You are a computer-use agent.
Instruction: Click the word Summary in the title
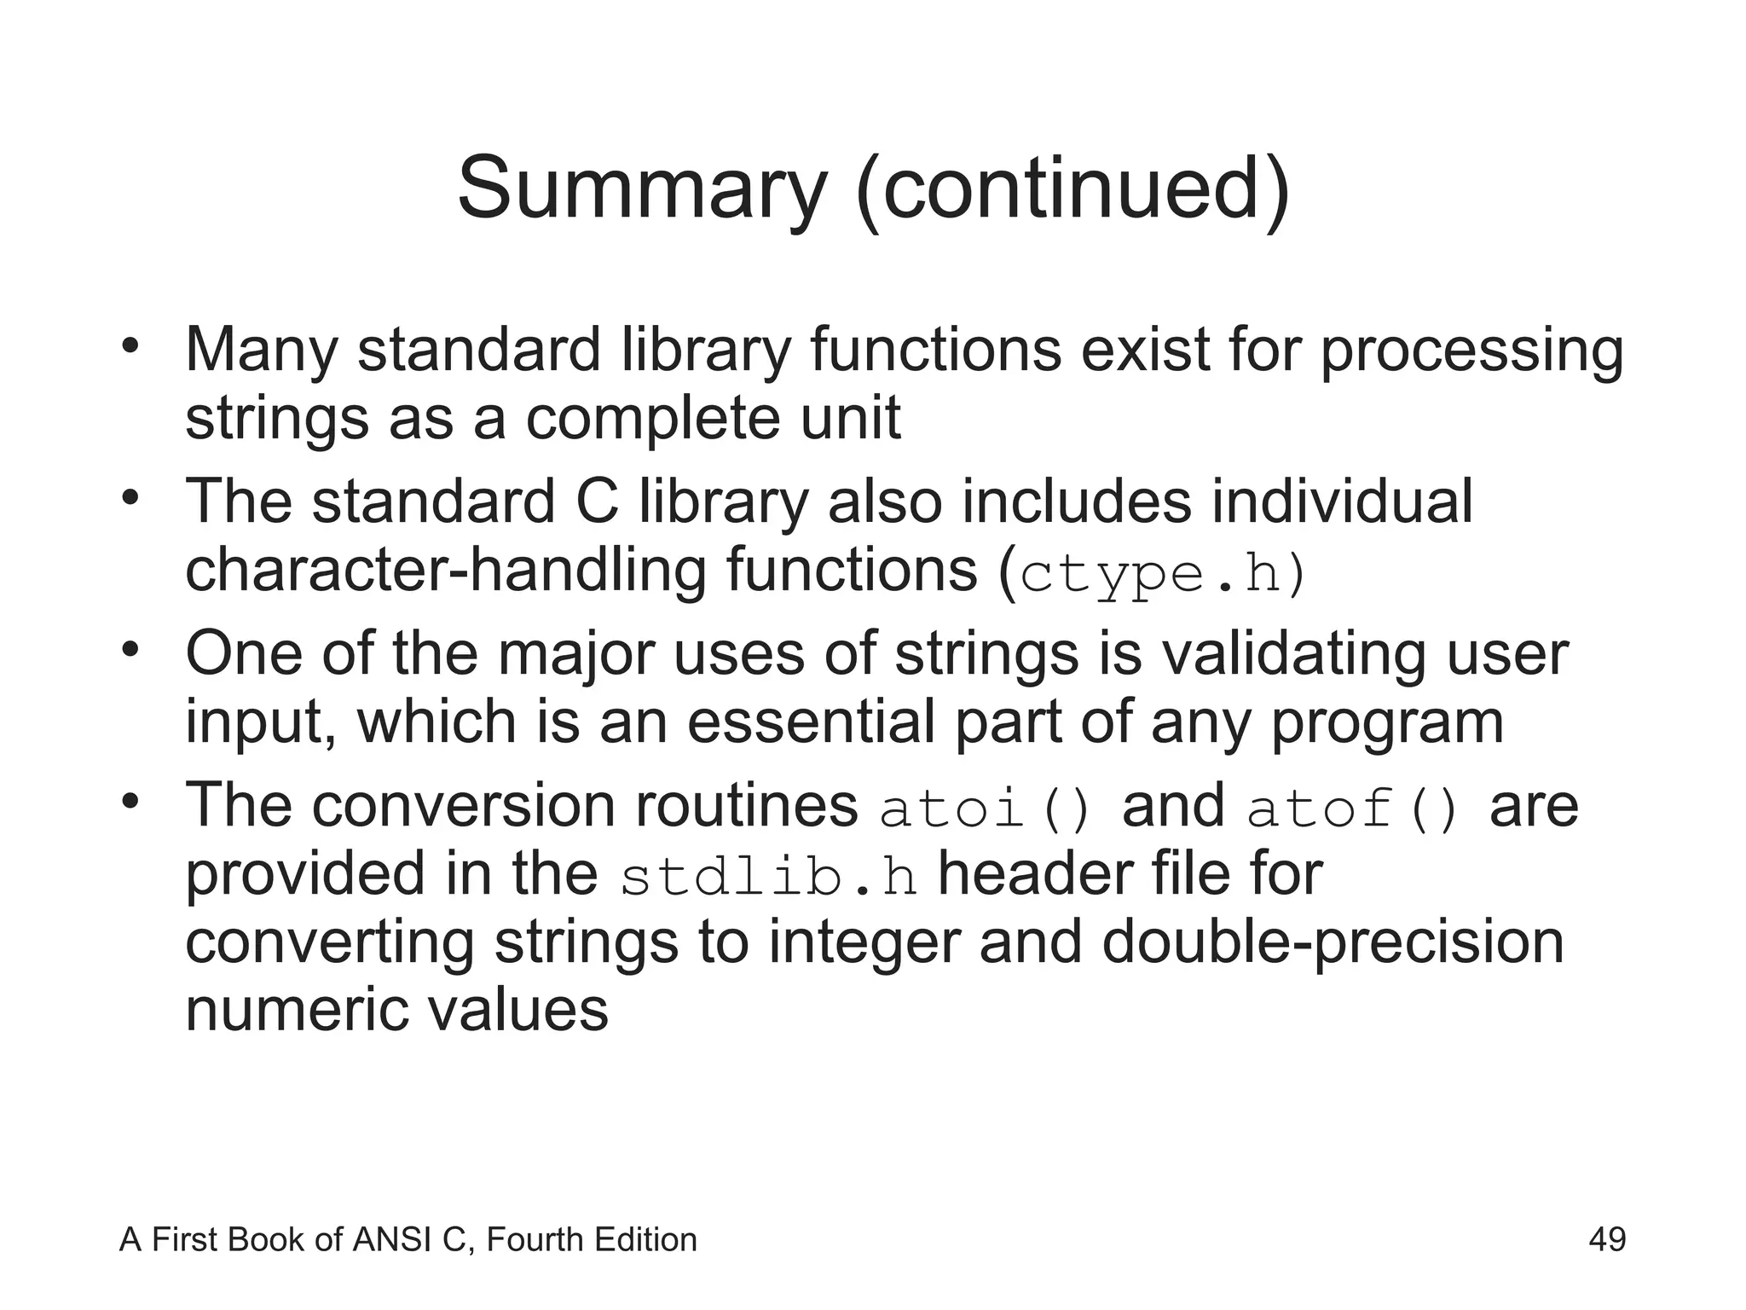click(x=642, y=188)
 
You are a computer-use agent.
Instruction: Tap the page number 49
click(x=1607, y=1239)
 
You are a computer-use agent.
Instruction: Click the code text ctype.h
click(x=1152, y=574)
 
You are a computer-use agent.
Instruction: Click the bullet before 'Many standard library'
click(x=130, y=346)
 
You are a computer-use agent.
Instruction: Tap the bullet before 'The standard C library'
click(x=130, y=497)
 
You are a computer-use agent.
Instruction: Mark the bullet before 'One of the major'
click(x=130, y=650)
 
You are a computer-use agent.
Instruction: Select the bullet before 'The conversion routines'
click(x=130, y=802)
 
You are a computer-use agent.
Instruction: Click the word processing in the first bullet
click(x=1471, y=351)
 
